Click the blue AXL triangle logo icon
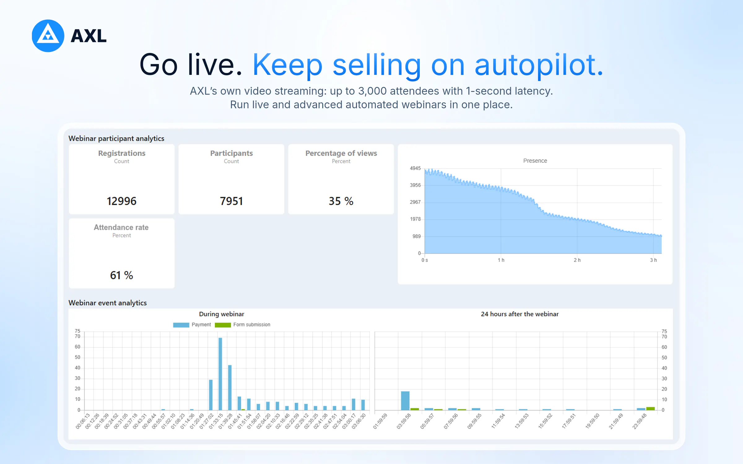[x=48, y=36]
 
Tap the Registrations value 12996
[x=122, y=201]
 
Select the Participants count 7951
[x=231, y=201]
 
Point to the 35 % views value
[x=341, y=201]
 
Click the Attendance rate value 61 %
[x=122, y=275]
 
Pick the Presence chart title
[x=535, y=161]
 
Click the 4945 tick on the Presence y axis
[x=415, y=168]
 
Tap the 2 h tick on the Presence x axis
[x=577, y=260]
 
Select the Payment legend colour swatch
[x=181, y=325]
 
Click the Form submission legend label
[x=252, y=324]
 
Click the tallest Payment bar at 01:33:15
[x=220, y=374]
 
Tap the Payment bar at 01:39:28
[x=230, y=388]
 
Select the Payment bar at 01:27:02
[x=211, y=395]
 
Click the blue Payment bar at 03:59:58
[x=405, y=401]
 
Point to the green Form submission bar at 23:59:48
[x=650, y=409]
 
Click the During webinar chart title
[x=222, y=314]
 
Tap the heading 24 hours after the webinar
[x=520, y=314]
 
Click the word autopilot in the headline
[x=539, y=65]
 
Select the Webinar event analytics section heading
[x=108, y=303]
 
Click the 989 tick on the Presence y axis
[x=416, y=236]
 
